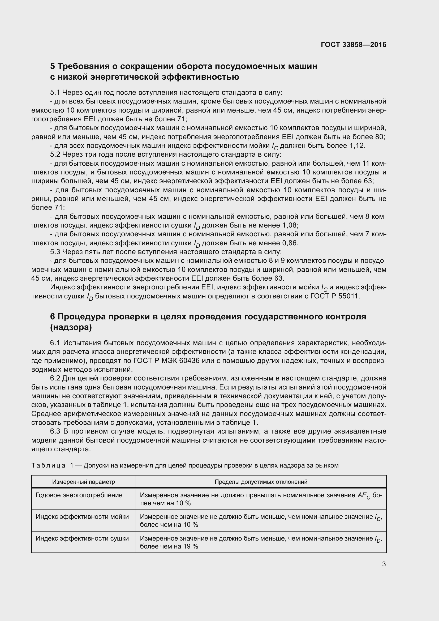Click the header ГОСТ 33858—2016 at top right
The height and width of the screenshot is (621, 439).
tap(353, 45)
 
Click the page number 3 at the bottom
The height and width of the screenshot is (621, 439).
tap(384, 564)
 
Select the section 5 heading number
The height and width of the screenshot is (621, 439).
tap(53, 66)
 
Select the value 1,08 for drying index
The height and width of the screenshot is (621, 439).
tap(290, 225)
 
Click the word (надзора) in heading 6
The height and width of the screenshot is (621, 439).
tap(71, 328)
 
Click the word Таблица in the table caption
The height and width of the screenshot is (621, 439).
tap(48, 465)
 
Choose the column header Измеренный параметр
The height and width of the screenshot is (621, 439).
tap(84, 482)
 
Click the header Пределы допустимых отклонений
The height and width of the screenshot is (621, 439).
tap(261, 482)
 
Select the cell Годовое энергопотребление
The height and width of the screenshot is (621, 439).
tap(79, 495)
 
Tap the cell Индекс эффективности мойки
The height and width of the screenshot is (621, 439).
tap(82, 517)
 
